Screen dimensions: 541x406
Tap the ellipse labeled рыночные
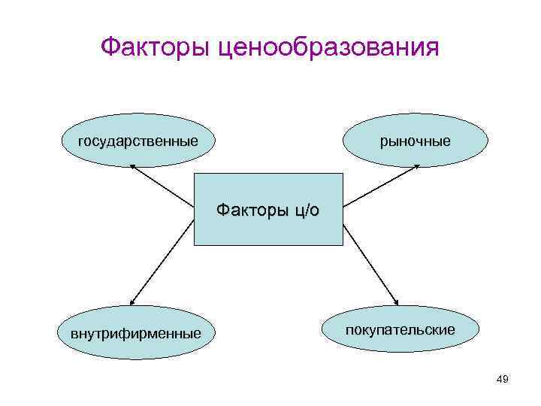[415, 141]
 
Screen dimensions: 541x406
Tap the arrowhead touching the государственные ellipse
[135, 169]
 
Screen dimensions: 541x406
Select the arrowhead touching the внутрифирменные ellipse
[133, 301]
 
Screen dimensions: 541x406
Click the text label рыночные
[415, 141]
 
